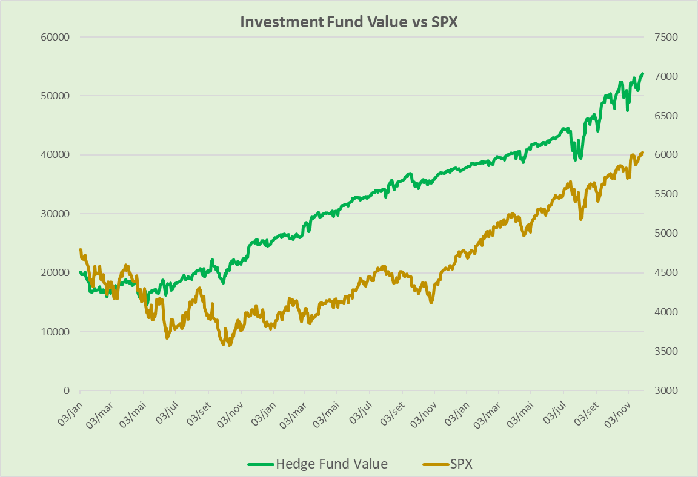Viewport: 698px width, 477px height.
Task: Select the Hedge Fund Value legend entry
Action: click(331, 464)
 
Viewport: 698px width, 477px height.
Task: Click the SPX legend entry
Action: click(461, 464)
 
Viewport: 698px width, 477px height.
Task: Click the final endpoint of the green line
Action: click(643, 73)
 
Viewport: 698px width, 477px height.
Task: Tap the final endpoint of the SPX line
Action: click(643, 152)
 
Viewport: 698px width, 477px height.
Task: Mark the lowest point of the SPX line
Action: click(229, 345)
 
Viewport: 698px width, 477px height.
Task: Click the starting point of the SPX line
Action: click(81, 249)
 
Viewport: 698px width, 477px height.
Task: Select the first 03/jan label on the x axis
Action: click(72, 412)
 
